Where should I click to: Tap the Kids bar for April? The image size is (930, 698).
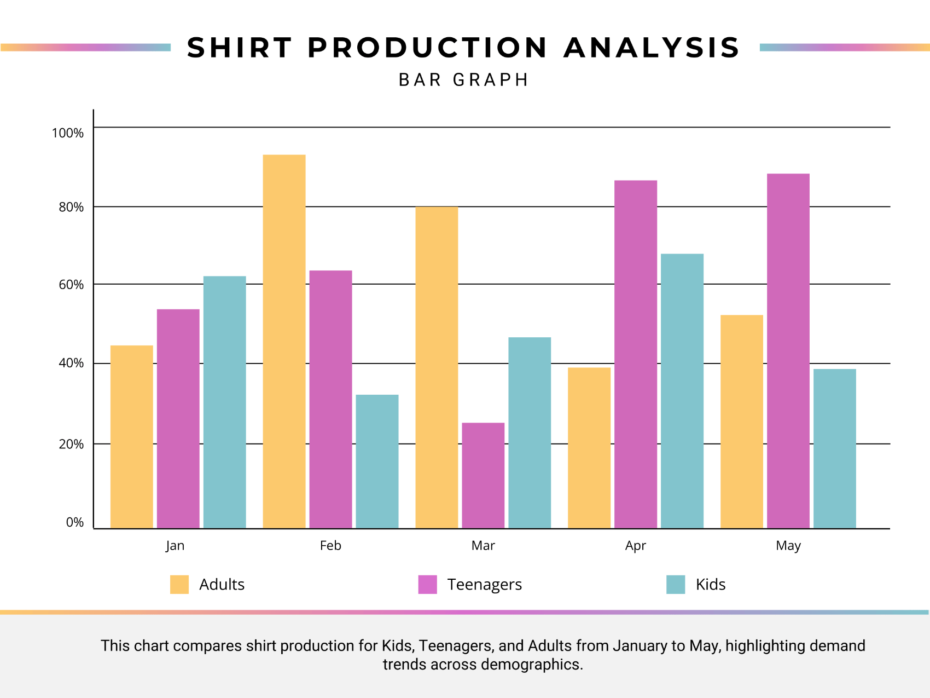(x=682, y=391)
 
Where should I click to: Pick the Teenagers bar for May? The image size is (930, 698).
(x=788, y=351)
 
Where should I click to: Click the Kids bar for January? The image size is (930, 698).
(x=224, y=402)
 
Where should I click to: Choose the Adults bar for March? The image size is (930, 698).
(x=437, y=367)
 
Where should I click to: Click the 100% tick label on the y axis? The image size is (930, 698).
(x=68, y=133)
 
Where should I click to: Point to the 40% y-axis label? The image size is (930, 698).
(x=71, y=363)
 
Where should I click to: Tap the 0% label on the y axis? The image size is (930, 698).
(x=74, y=522)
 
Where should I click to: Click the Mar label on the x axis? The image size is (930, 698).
(x=483, y=546)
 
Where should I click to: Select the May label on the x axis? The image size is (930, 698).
(x=788, y=546)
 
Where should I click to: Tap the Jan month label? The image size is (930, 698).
(x=175, y=546)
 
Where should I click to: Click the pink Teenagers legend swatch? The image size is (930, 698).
(x=427, y=584)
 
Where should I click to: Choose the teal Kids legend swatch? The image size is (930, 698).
(x=675, y=584)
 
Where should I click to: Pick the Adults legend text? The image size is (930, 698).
(x=222, y=584)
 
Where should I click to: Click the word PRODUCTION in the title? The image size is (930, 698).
(x=427, y=48)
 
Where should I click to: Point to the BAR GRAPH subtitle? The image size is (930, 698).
(x=463, y=80)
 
